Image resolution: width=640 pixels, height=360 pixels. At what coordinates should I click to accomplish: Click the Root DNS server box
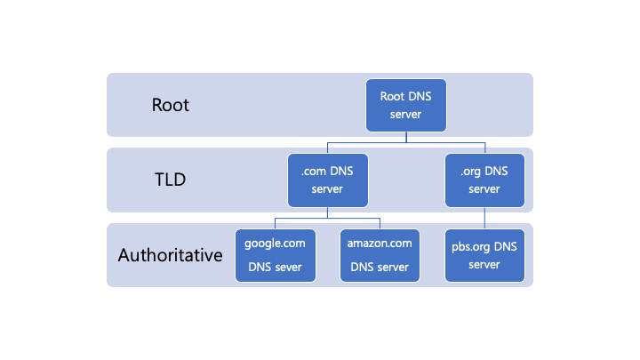(x=406, y=104)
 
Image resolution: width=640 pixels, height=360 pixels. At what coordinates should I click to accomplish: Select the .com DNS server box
(x=327, y=180)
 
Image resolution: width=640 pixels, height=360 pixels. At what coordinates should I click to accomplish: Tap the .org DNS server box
(x=484, y=180)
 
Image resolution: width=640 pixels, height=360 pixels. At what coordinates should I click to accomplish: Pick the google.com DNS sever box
(x=275, y=255)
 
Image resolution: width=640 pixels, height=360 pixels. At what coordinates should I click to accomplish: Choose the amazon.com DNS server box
(x=380, y=255)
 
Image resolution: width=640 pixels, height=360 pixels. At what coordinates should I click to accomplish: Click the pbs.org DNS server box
(x=484, y=255)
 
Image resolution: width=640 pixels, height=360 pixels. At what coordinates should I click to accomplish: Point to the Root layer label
(x=171, y=105)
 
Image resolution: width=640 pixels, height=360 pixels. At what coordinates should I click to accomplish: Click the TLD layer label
(x=170, y=180)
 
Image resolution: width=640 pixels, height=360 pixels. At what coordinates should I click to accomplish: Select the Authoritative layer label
(x=170, y=256)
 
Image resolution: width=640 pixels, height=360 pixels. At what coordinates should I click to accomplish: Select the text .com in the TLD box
(x=311, y=171)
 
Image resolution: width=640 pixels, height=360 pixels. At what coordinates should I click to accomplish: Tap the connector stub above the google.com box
(x=275, y=223)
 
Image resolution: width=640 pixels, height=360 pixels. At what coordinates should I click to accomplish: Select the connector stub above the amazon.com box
(x=380, y=223)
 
